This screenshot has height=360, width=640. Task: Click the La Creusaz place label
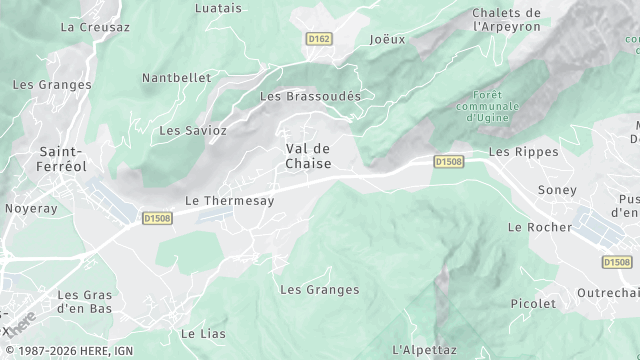(95, 27)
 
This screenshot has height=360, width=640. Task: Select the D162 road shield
(319, 38)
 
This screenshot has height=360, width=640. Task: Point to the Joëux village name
(387, 40)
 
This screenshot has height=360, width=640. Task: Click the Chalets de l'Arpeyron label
(507, 20)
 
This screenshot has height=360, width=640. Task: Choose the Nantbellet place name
(176, 77)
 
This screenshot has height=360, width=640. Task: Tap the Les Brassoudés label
(310, 96)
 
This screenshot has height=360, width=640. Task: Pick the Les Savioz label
(193, 130)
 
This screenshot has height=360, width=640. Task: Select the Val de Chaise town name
(308, 156)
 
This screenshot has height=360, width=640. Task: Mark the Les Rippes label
(517, 152)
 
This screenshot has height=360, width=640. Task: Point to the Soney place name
(557, 190)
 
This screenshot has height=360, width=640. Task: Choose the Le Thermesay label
(230, 200)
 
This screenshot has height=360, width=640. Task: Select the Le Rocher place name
(540, 227)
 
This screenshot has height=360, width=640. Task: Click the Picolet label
(533, 303)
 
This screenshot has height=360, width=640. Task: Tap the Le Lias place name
(203, 333)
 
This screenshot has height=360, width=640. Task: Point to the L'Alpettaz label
(424, 349)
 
